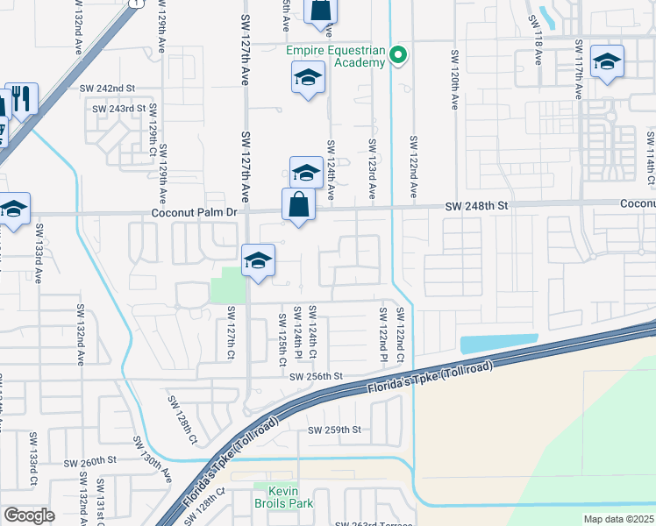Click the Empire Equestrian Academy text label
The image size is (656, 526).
click(337, 56)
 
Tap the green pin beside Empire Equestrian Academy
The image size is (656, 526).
click(398, 56)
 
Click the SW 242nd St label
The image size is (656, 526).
click(107, 89)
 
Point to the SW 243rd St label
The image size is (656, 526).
click(118, 109)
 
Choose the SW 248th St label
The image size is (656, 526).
click(477, 204)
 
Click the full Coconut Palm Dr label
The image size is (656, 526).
click(195, 212)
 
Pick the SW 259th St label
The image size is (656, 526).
click(334, 430)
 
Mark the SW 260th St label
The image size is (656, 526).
click(91, 460)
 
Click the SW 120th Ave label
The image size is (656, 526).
click(455, 80)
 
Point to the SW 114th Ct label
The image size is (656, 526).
click(650, 158)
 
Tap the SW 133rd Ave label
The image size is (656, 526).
click(39, 253)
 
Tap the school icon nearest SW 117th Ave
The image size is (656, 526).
click(607, 61)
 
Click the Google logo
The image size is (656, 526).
click(28, 515)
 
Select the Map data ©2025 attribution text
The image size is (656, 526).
click(619, 519)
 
